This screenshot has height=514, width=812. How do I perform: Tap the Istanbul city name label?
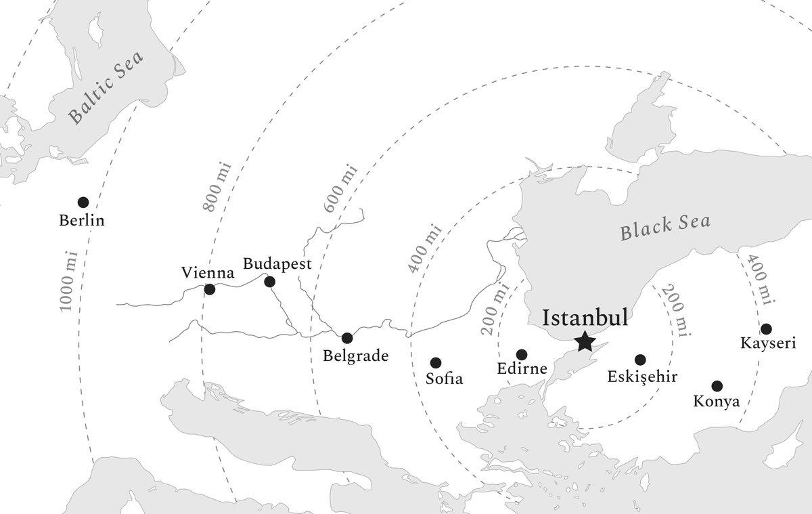(x=585, y=318)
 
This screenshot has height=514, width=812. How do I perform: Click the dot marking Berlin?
(x=83, y=202)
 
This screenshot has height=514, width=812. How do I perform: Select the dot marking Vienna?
(x=210, y=289)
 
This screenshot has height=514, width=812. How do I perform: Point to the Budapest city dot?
(x=269, y=282)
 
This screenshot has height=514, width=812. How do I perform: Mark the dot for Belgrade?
(x=347, y=338)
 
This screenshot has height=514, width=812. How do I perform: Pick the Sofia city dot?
(x=436, y=363)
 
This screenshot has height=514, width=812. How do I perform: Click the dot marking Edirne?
(x=522, y=354)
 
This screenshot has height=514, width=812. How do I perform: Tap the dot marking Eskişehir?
(x=640, y=360)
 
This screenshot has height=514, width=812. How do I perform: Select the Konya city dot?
(x=717, y=386)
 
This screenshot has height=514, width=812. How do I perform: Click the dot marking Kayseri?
(x=766, y=329)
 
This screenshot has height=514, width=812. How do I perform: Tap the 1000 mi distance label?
(x=69, y=280)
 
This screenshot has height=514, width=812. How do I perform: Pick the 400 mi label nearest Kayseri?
(x=758, y=280)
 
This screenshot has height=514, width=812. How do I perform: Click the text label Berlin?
(x=82, y=221)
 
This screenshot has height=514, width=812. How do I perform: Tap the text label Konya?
(x=717, y=402)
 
